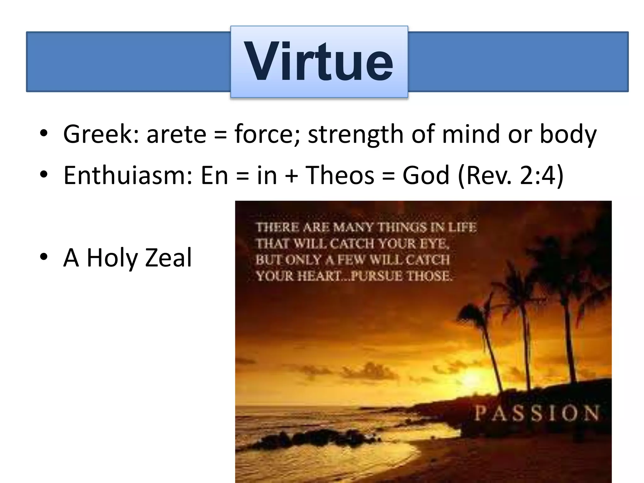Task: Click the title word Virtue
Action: [319, 62]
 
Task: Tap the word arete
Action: [176, 134]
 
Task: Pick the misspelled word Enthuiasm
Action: [128, 175]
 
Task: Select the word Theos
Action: [340, 175]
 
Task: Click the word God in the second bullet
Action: [426, 175]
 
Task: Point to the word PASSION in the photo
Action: [536, 413]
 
